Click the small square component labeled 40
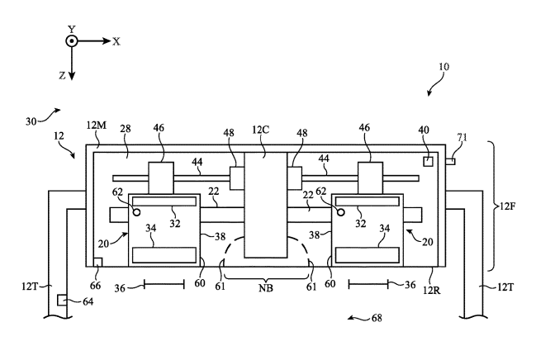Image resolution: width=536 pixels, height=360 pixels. click(429, 161)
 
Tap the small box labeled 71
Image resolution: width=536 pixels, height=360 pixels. click(451, 161)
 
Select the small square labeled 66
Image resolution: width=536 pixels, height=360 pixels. click(97, 263)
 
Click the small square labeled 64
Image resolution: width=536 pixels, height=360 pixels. click(62, 301)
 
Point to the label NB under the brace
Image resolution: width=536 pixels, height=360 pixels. click(266, 288)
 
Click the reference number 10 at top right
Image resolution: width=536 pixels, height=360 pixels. click(444, 66)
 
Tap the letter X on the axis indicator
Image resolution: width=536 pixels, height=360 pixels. click(116, 42)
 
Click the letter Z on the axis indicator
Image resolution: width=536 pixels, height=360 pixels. click(62, 76)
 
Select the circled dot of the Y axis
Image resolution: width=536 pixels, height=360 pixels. click(72, 41)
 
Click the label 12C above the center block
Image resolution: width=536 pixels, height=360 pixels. click(261, 130)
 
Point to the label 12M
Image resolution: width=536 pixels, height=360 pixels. click(97, 126)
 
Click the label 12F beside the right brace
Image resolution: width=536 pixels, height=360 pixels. click(508, 206)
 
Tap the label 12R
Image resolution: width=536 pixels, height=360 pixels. click(432, 291)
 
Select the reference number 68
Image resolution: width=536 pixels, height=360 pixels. click(377, 318)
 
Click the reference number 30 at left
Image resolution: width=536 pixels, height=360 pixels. click(31, 121)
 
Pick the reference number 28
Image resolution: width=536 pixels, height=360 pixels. click(126, 129)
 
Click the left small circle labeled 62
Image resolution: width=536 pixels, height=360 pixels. click(136, 212)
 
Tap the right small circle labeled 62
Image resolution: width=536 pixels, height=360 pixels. click(340, 212)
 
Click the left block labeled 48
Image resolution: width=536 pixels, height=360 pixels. click(237, 178)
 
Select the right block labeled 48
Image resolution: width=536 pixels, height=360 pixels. click(294, 178)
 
